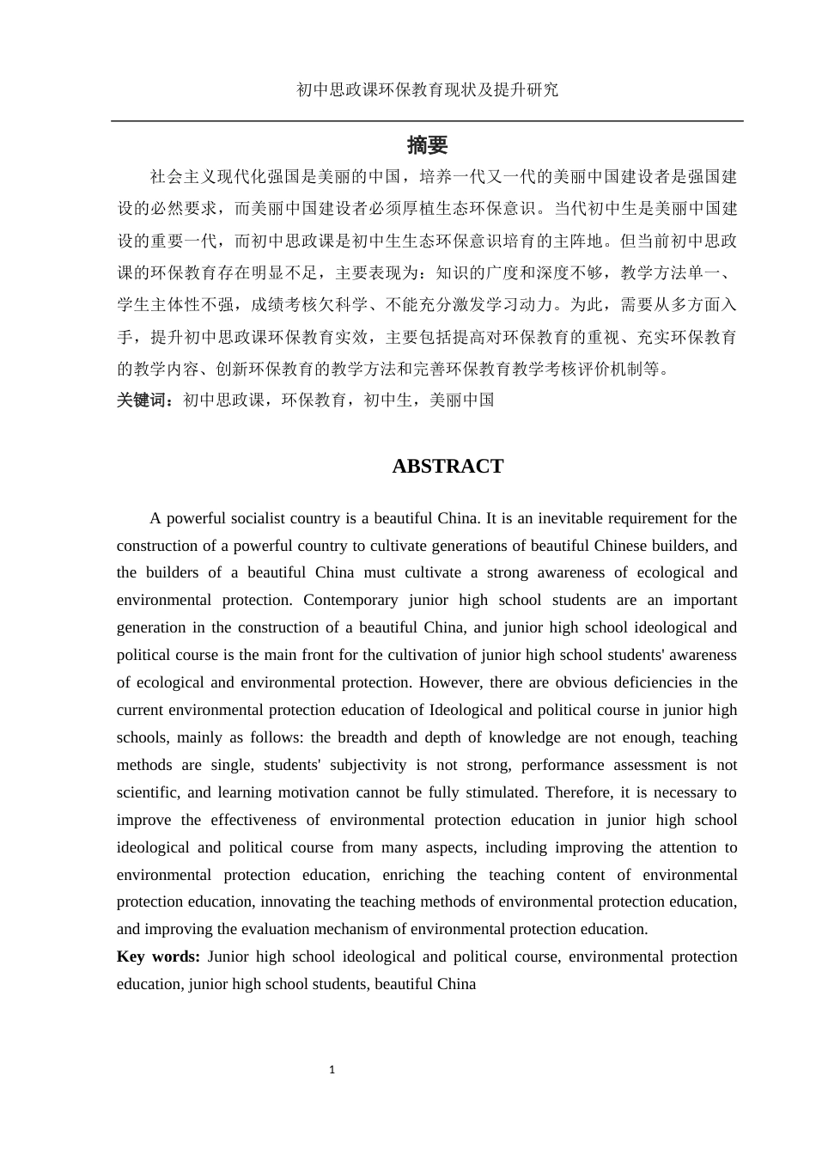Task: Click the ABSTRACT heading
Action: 448,467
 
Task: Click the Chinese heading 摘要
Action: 427,145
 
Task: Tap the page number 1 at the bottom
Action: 332,1070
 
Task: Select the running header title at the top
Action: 427,89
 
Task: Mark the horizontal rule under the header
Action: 427,121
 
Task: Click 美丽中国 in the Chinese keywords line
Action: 461,400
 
